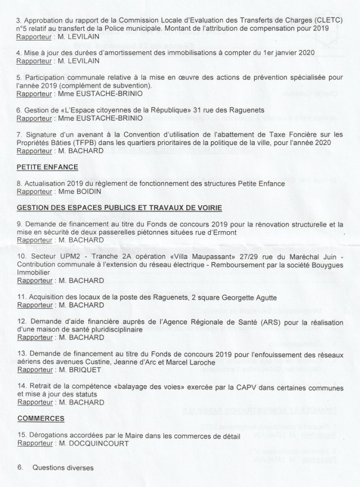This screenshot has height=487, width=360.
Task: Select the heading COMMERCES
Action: (41, 420)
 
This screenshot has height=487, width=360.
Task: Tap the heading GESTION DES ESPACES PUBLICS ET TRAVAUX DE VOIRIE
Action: (116, 208)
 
